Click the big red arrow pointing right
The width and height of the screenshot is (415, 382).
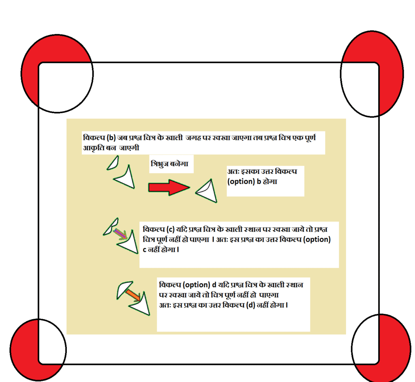pyautogui.click(x=169, y=188)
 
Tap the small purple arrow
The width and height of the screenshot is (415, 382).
pyautogui.click(x=120, y=234)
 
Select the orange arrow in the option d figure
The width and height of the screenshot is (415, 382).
pyautogui.click(x=133, y=295)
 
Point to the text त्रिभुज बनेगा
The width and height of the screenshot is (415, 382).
pyautogui.click(x=169, y=164)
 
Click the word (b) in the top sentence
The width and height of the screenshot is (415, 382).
pyautogui.click(x=111, y=138)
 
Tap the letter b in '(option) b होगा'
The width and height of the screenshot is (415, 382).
pyautogui.click(x=259, y=181)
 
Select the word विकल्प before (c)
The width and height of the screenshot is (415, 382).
pyautogui.click(x=154, y=229)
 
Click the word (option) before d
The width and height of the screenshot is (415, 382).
pyautogui.click(x=197, y=285)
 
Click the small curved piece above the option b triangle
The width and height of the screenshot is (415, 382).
pyautogui.click(x=113, y=163)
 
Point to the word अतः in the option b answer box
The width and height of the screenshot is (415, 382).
pyautogui.click(x=233, y=172)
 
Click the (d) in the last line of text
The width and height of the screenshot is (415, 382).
pyautogui.click(x=250, y=305)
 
